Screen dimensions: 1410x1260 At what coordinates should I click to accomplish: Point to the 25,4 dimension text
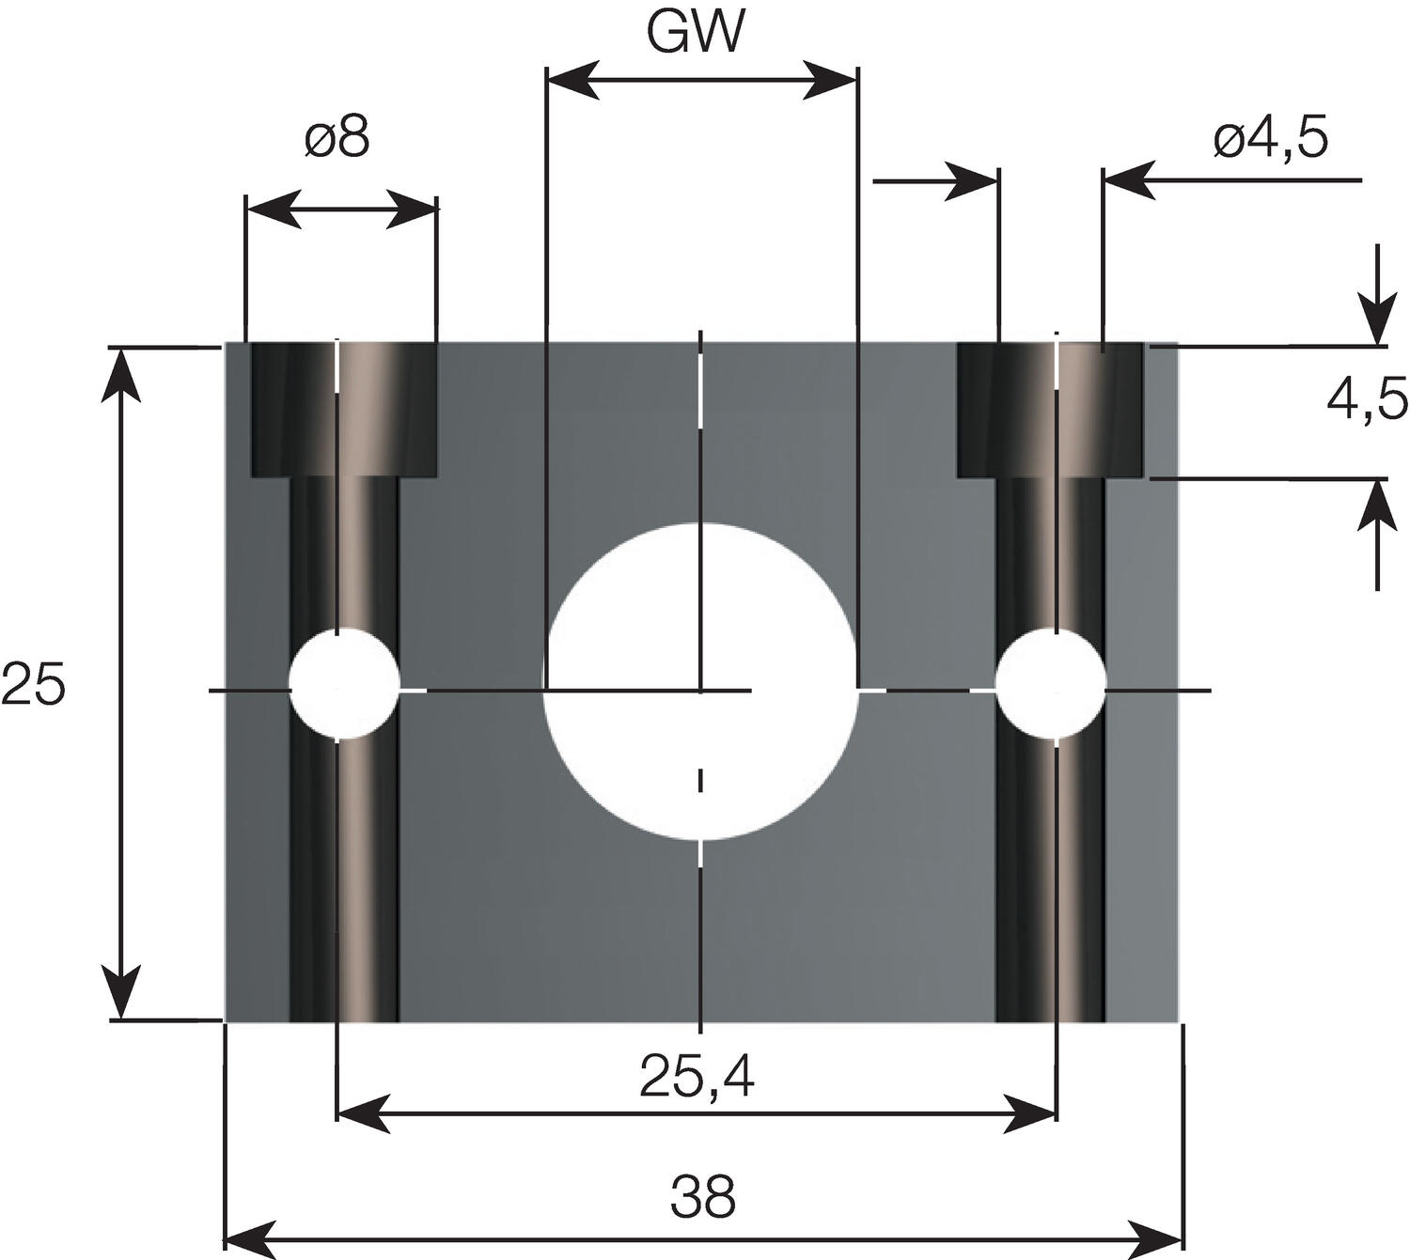[x=697, y=1077]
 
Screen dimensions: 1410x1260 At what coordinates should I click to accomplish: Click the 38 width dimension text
[x=703, y=1196]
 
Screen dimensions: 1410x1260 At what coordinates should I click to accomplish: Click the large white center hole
[x=700, y=682]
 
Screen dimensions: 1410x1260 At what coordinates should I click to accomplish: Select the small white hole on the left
[x=344, y=682]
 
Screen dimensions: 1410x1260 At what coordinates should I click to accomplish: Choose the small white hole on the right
[x=1050, y=682]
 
